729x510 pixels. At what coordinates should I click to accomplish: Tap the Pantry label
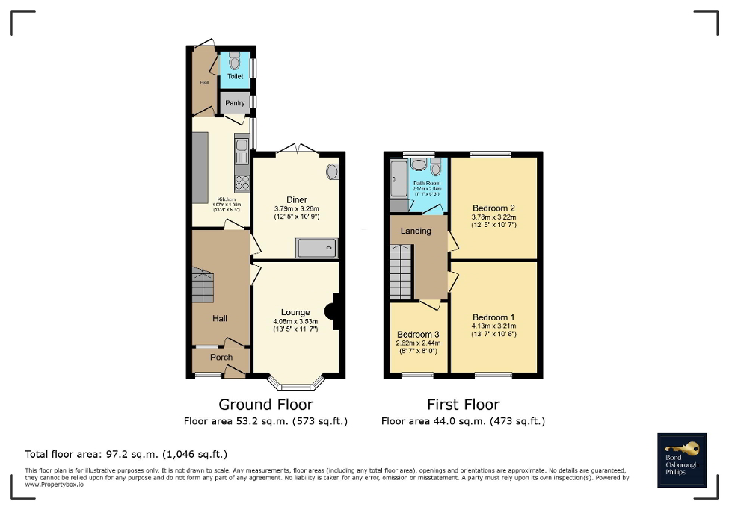(235, 102)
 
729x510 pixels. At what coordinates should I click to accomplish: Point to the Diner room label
(296, 199)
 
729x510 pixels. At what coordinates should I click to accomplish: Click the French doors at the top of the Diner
(295, 150)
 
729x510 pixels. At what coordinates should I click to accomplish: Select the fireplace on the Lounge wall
(336, 311)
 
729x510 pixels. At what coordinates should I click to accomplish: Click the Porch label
(221, 358)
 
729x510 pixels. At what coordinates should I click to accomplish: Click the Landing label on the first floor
(416, 231)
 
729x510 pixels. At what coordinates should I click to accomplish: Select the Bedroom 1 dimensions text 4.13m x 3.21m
(493, 326)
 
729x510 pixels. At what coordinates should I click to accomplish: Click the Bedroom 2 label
(493, 208)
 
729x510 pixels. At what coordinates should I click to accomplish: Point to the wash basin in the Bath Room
(419, 165)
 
